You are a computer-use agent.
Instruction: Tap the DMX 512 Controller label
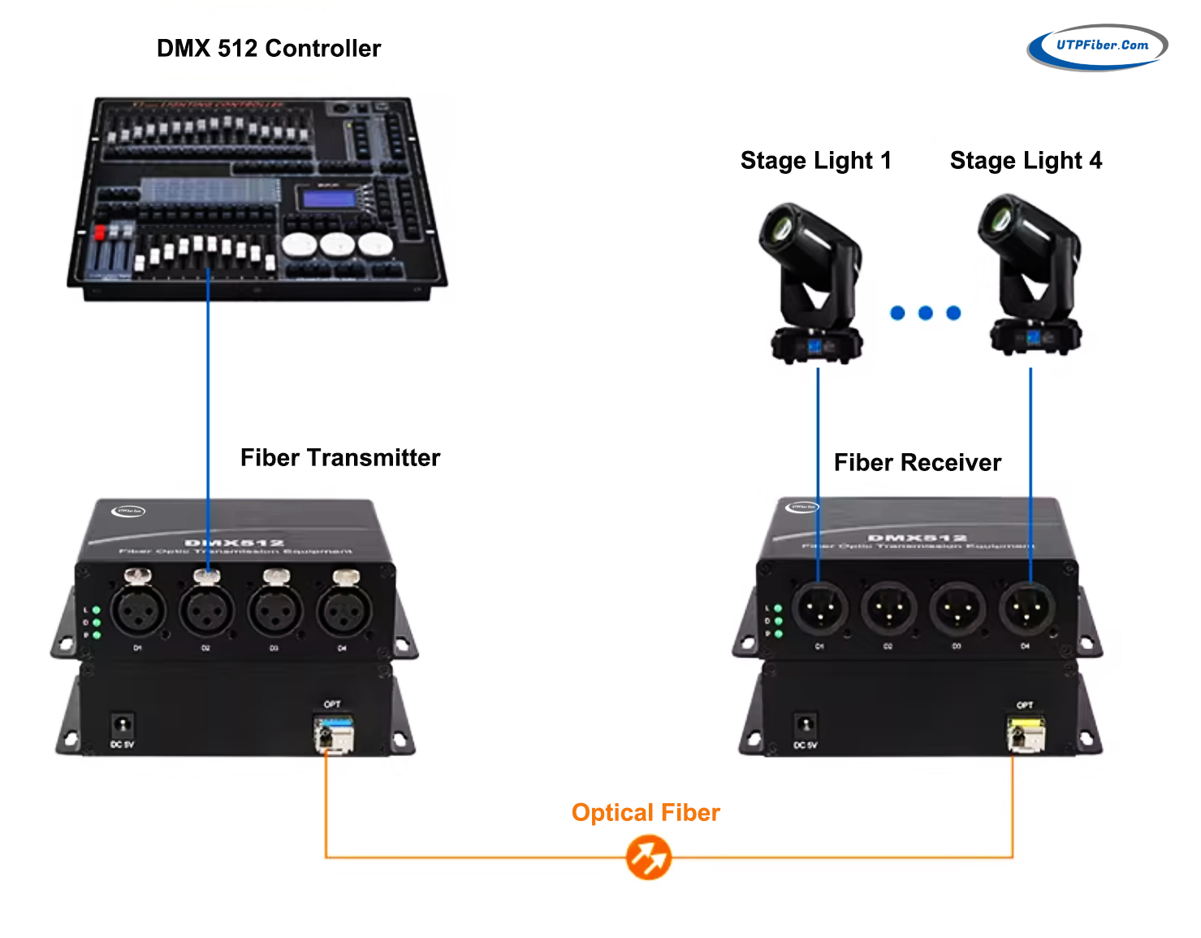tap(268, 49)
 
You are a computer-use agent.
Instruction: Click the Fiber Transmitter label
tap(339, 458)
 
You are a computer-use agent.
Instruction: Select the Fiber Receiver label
tap(917, 463)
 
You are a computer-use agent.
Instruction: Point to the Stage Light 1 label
tap(815, 161)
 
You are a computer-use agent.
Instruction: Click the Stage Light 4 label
tap(1026, 161)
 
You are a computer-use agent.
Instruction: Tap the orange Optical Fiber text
tap(646, 813)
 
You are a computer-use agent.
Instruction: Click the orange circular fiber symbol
tap(648, 858)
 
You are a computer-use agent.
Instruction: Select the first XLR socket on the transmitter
tap(137, 611)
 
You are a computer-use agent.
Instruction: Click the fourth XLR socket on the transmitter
tap(343, 611)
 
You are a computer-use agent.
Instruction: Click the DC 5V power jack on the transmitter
tap(123, 724)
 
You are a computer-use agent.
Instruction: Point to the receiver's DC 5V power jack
tap(805, 724)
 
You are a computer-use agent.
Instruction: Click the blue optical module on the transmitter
tap(334, 733)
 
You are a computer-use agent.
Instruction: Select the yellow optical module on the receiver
tap(1026, 733)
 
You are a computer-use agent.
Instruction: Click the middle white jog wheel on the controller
tap(337, 244)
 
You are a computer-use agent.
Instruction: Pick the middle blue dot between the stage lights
tap(926, 313)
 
